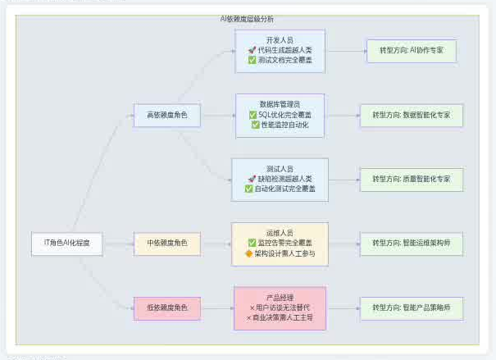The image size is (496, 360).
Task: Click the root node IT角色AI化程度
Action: pyautogui.click(x=67, y=243)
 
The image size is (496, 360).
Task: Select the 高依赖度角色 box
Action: pyautogui.click(x=167, y=116)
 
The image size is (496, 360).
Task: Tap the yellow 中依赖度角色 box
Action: pyautogui.click(x=167, y=243)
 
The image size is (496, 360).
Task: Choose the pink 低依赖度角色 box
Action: pyautogui.click(x=167, y=308)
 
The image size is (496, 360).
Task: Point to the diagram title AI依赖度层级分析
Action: pyautogui.click(x=248, y=18)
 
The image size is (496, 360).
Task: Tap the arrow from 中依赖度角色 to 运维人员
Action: pyautogui.click(x=216, y=243)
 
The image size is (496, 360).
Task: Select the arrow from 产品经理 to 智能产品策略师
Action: pyautogui.click(x=344, y=308)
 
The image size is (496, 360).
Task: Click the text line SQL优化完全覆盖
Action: pyautogui.click(x=284, y=115)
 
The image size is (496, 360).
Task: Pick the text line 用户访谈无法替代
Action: pyautogui.click(x=280, y=308)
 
